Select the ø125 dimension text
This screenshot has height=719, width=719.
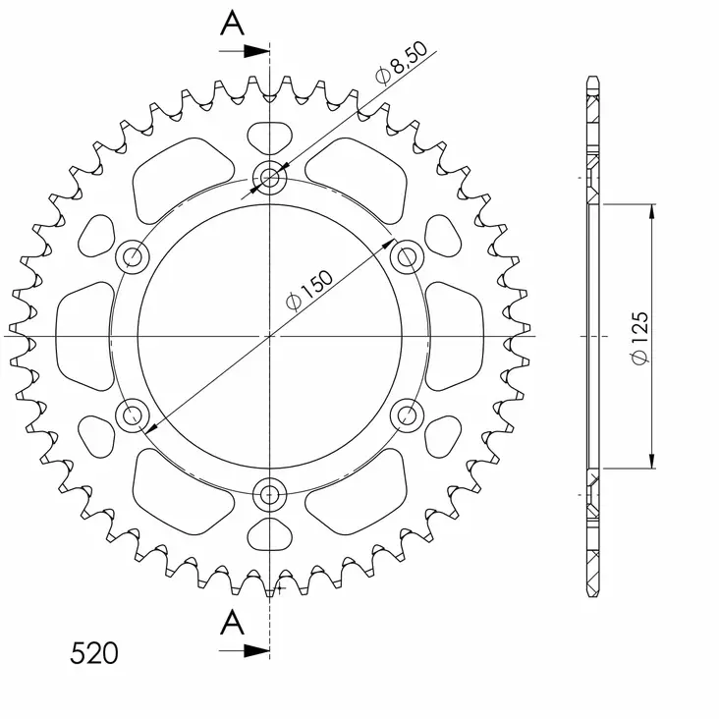pos(638,338)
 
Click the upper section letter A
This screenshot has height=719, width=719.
pos(232,23)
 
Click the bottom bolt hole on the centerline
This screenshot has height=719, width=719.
pos(269,492)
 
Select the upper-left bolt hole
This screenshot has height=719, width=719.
pos(133,257)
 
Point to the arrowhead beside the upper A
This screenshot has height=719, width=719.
pos(258,48)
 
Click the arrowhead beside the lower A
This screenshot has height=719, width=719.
pos(258,649)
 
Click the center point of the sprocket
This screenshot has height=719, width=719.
pos(269,336)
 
